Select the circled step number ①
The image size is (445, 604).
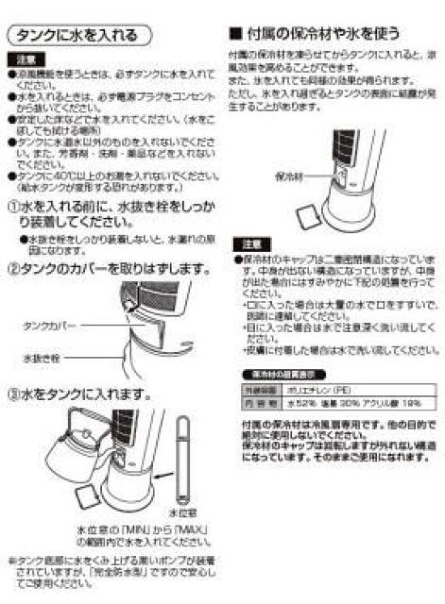(13, 207)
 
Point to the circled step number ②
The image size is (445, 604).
(13, 268)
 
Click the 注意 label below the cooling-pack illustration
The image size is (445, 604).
(244, 243)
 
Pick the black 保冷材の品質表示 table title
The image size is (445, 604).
(269, 374)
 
